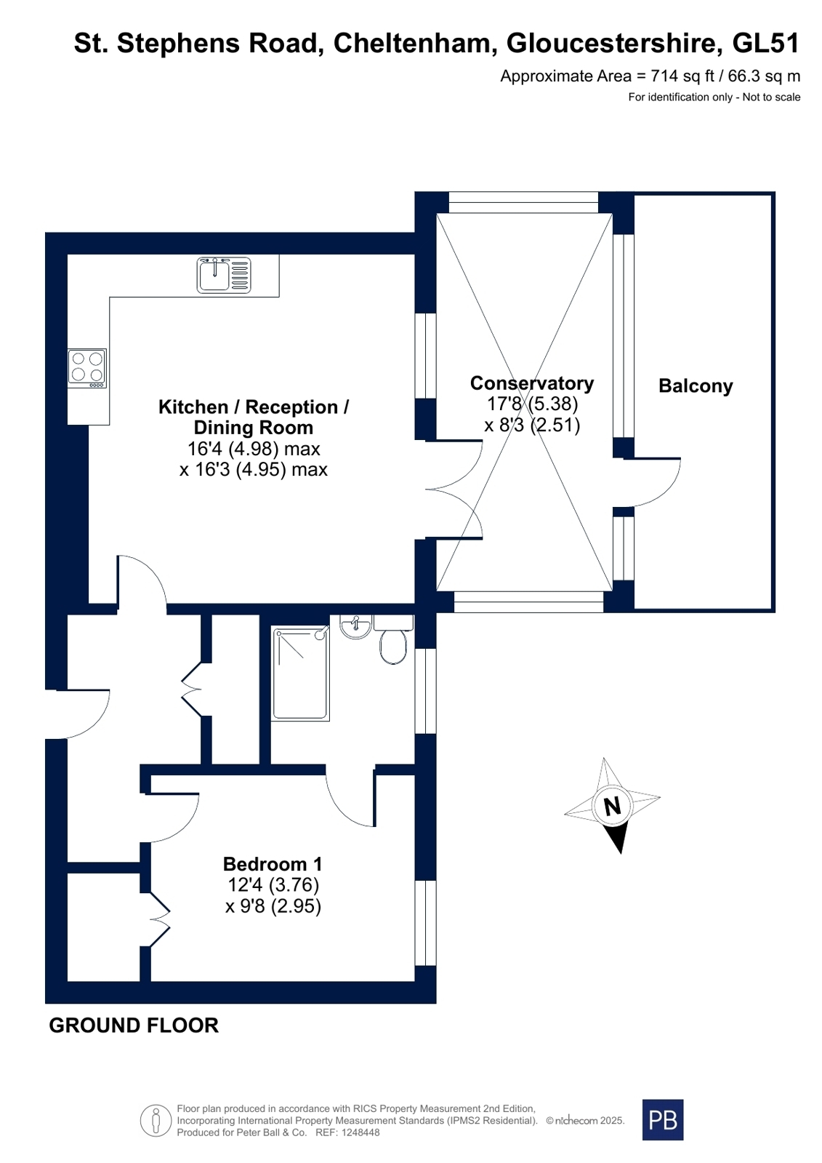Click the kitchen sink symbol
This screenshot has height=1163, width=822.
[x=224, y=275]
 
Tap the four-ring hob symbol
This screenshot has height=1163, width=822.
[x=87, y=367]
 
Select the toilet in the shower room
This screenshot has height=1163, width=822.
[x=393, y=639]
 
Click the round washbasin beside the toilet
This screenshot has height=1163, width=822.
[x=355, y=626]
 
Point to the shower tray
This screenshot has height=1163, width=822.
[x=300, y=674]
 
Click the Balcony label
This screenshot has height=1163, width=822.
[x=696, y=386]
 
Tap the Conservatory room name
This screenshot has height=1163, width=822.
[x=532, y=383]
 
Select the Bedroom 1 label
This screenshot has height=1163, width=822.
[x=273, y=864]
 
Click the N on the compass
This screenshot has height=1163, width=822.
[x=613, y=807]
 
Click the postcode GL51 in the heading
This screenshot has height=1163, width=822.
[x=766, y=43]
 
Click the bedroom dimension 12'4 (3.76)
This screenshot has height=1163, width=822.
[x=273, y=884]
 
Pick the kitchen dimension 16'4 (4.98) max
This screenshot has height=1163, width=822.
[x=254, y=449]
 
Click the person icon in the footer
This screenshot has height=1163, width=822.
[x=156, y=1120]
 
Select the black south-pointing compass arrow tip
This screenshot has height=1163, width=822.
[x=621, y=853]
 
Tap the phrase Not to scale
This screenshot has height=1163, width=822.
[x=771, y=97]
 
